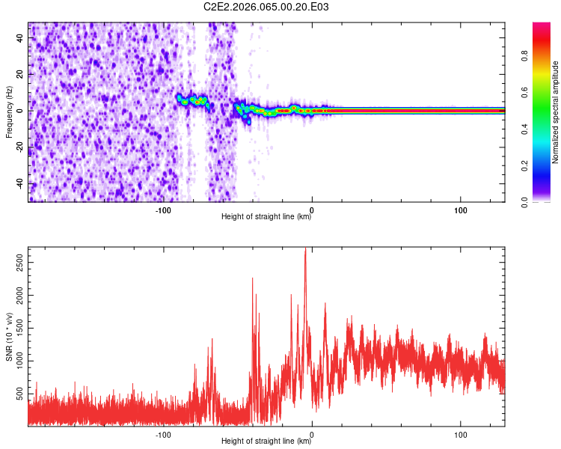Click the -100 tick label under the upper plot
click(x=163, y=210)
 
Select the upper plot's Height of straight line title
click(x=266, y=218)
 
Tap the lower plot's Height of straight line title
click(x=266, y=442)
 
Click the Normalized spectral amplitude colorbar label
click(x=556, y=112)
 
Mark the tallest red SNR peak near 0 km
click(x=305, y=250)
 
